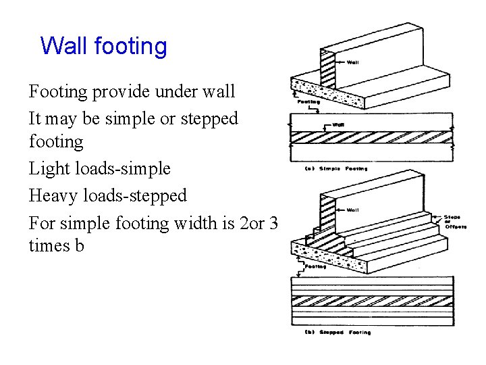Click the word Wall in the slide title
(65, 46)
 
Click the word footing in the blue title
(131, 46)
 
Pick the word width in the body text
(194, 222)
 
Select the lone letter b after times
(79, 245)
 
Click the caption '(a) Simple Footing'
(335, 168)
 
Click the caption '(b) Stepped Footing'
(337, 333)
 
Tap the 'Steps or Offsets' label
(454, 222)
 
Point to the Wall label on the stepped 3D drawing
(352, 210)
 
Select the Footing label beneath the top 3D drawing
(308, 102)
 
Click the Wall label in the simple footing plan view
(339, 125)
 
